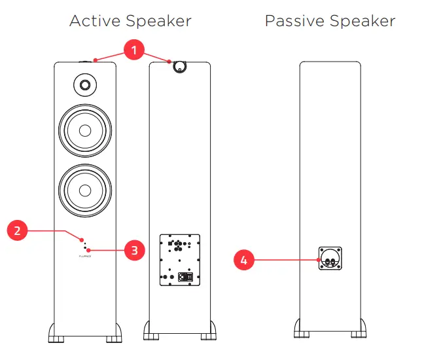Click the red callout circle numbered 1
coord(133,48)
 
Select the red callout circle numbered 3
coord(133,250)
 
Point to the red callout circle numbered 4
coord(244,261)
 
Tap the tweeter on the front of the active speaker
coord(84,84)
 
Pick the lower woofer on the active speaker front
coord(84,190)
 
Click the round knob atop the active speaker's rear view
coord(178,65)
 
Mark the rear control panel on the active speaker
coord(179,260)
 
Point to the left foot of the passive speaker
coord(304,331)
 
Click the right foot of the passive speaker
coord(357,331)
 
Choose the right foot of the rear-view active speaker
coord(207,332)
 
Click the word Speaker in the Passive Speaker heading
coord(364,21)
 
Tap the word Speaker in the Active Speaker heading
coord(160,21)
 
